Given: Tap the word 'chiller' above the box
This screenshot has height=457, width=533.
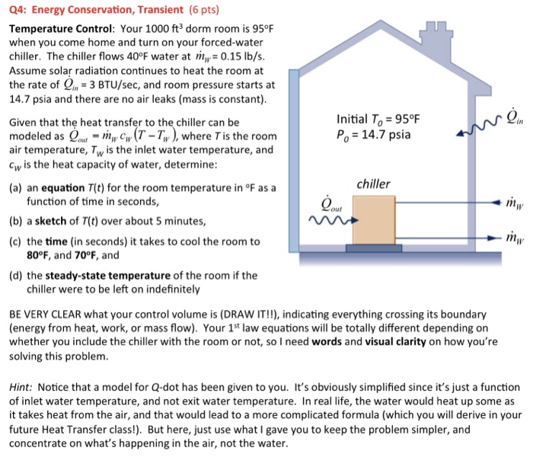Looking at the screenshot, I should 373,184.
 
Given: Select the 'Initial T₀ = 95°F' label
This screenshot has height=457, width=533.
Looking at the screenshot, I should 378,120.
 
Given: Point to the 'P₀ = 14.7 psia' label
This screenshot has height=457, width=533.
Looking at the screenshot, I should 373,135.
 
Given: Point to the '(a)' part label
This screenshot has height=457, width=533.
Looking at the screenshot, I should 15,187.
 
